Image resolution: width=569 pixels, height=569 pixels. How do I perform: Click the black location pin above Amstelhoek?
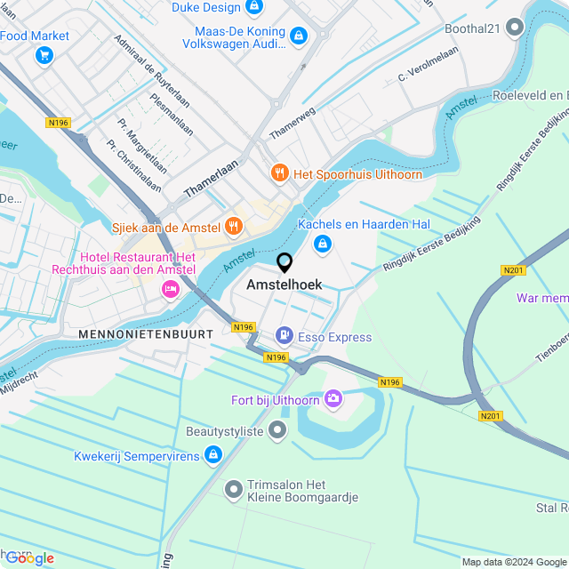284,263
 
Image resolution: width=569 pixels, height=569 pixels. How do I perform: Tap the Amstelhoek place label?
284,284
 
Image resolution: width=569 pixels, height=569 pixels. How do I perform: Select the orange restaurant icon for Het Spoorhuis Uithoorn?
279,172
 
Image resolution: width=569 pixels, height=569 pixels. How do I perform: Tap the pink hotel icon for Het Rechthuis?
168,288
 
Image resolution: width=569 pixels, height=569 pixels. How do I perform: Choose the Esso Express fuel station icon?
284,336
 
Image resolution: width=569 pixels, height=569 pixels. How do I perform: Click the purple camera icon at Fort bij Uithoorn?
333,399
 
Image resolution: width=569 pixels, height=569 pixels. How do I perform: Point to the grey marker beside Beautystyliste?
278,431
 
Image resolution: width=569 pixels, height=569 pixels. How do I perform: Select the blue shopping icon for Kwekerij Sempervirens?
212,455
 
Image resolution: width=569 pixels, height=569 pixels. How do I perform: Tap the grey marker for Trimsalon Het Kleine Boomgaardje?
234,489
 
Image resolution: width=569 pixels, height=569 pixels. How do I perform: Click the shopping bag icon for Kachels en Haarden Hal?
323,243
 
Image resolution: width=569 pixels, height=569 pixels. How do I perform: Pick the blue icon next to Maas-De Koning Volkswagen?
298,36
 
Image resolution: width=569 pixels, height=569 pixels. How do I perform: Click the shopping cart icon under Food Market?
43,55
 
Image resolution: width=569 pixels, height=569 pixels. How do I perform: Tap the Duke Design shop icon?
255,7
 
